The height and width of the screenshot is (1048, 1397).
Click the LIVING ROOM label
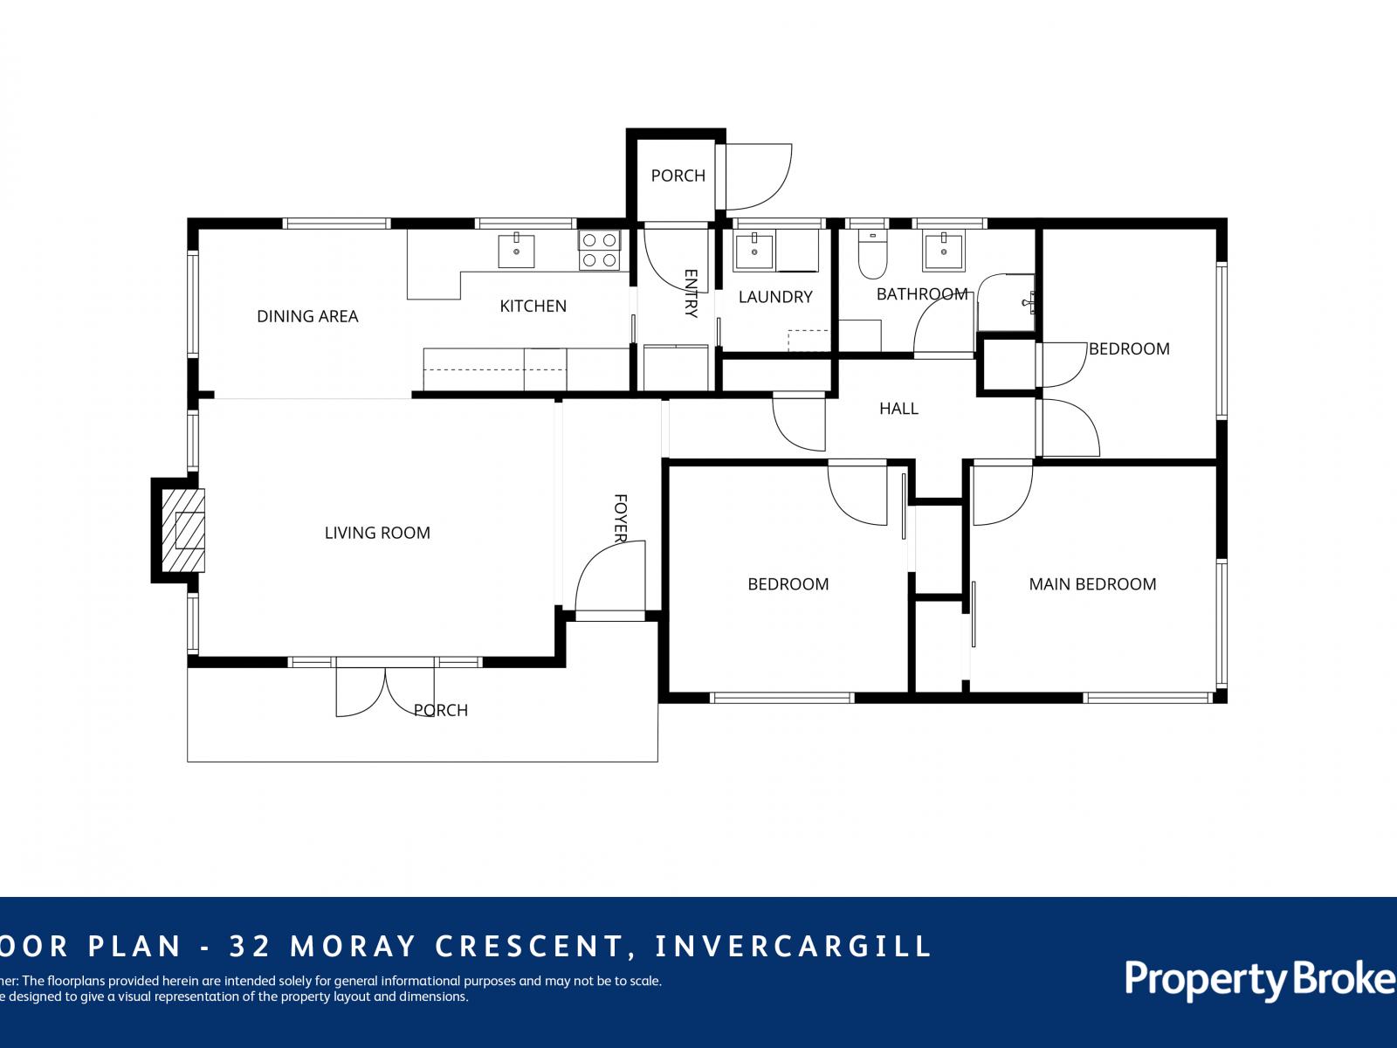(377, 533)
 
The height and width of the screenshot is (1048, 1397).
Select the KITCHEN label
(533, 306)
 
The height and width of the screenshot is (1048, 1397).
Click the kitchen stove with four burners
(599, 250)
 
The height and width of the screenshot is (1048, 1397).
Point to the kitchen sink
(516, 251)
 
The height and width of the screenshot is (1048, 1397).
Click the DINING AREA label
(307, 316)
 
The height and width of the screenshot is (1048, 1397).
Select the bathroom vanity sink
(943, 252)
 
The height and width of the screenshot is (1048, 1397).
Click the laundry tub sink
(754, 252)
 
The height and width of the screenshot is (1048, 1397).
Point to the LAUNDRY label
(775, 297)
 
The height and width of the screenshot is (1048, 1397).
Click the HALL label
(898, 408)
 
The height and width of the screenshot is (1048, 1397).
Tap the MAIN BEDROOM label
(1092, 584)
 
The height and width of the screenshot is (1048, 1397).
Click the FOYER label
(621, 518)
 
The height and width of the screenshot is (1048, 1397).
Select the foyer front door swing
(609, 576)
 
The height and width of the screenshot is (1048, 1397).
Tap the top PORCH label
(678, 176)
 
